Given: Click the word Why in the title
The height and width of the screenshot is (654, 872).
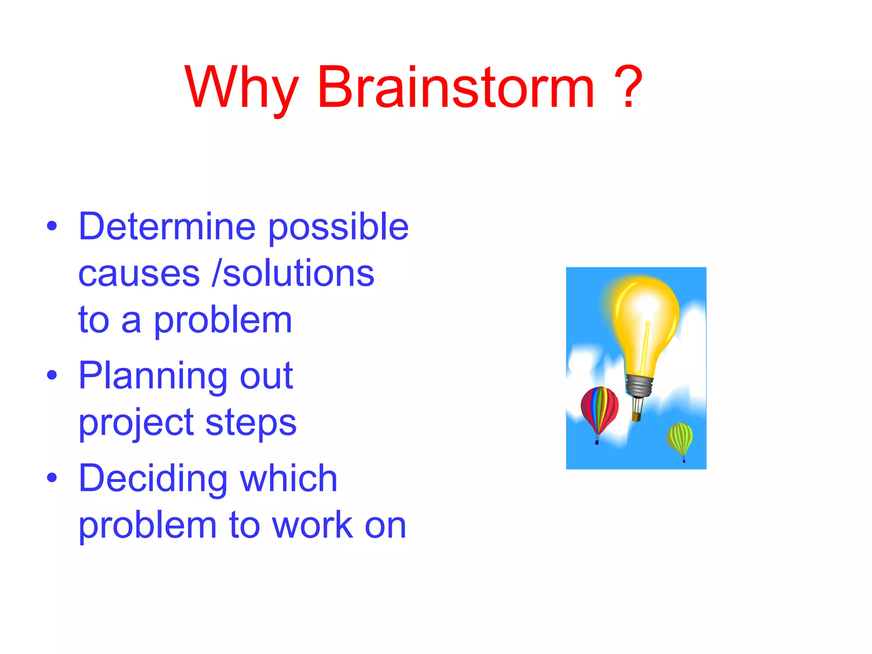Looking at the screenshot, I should click(x=241, y=89).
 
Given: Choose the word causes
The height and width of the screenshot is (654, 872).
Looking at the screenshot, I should click(x=139, y=273).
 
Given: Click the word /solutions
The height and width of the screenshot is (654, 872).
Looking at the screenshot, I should click(x=293, y=273).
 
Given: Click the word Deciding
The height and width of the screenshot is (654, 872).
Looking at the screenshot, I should click(x=153, y=479).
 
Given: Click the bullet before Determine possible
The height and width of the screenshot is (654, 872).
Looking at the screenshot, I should click(x=52, y=226).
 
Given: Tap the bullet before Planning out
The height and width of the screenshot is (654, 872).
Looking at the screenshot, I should click(x=52, y=375).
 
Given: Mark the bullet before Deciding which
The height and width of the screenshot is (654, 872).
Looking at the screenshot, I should click(x=52, y=478).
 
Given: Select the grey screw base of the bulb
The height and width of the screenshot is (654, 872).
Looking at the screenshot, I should click(x=639, y=386).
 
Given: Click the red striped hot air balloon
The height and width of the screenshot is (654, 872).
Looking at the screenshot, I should click(x=599, y=409).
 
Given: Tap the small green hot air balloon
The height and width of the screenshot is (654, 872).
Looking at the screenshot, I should click(x=680, y=439).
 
